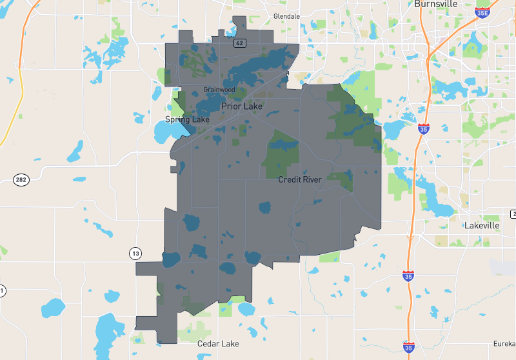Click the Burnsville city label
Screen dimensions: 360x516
coord(435,4)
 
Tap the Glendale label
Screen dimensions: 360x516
coord(286,15)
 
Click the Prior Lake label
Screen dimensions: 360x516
coord(241,106)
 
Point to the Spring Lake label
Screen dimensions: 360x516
coord(187,119)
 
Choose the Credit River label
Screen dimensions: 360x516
coord(300,179)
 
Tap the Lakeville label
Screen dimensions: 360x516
coord(482,226)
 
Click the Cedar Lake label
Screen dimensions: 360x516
coord(218,344)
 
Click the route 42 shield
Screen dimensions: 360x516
coord(239,43)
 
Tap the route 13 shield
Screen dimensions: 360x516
coord(135,253)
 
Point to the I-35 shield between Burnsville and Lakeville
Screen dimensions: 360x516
coord(423,128)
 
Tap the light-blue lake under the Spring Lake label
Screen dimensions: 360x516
coord(166,132)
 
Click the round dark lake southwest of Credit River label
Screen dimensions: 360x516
coord(264,208)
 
